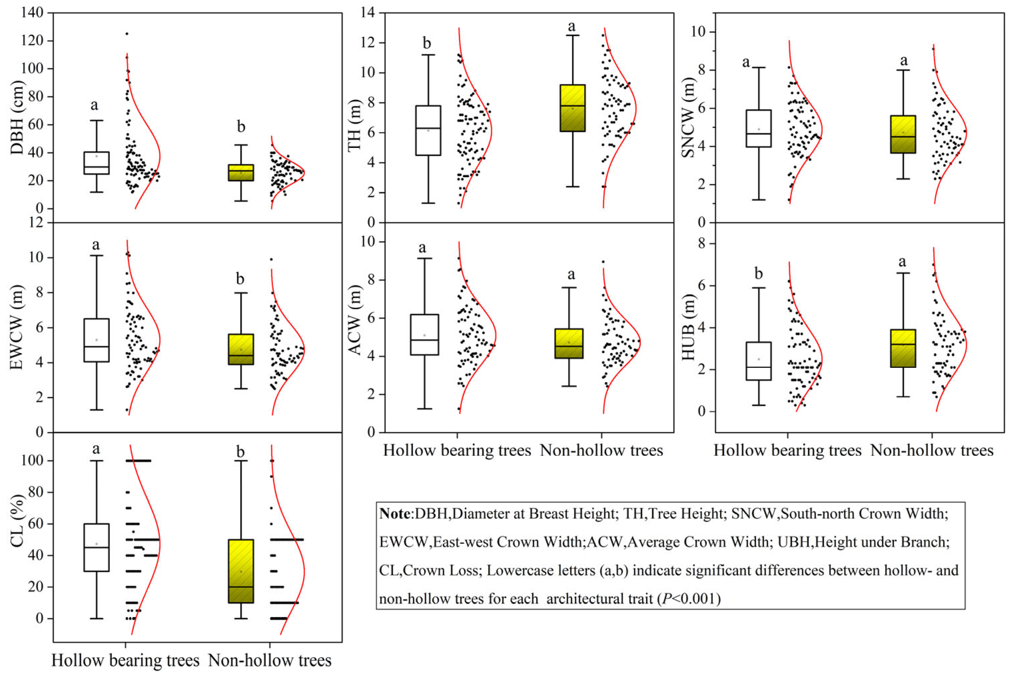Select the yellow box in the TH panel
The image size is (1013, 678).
point(572,108)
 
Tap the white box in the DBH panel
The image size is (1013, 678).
point(96,163)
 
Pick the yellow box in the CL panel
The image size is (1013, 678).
point(241,571)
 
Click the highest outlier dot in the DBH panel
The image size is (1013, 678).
point(127,34)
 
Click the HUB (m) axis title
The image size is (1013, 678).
point(688,327)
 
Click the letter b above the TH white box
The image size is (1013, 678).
point(427,43)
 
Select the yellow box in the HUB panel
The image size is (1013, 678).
point(903,348)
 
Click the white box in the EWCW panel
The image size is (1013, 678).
point(96,340)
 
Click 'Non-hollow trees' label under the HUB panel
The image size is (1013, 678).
point(932,450)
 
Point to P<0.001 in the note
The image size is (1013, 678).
point(688,599)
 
